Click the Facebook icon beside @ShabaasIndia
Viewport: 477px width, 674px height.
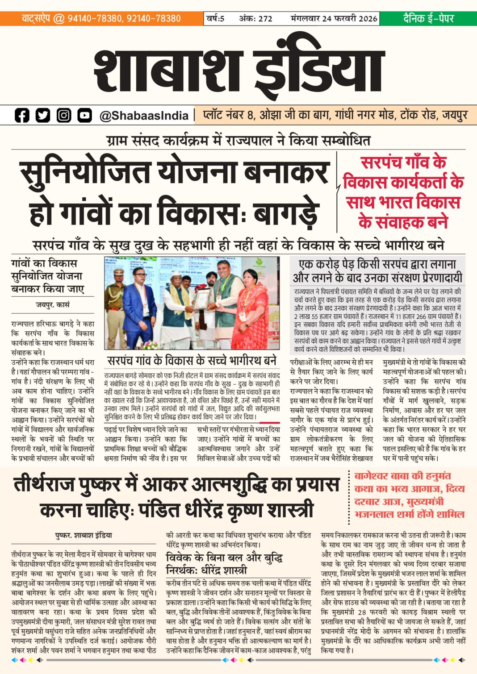click(x=21, y=115)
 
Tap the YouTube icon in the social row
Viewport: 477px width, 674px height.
click(x=84, y=115)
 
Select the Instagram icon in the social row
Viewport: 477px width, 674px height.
click(x=64, y=115)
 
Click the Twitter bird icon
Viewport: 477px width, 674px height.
click(x=43, y=115)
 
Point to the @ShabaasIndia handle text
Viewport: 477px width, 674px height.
click(x=144, y=116)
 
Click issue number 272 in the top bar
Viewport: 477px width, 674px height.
click(x=265, y=19)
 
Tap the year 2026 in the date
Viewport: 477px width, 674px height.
click(x=368, y=19)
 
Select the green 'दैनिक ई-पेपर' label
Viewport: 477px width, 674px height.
click(x=428, y=18)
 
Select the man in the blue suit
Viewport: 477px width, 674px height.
click(x=139, y=308)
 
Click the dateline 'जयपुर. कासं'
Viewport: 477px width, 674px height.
click(x=53, y=305)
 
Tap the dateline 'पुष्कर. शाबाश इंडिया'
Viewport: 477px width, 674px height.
click(x=84, y=535)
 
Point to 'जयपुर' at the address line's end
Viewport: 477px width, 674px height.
click(x=455, y=115)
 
